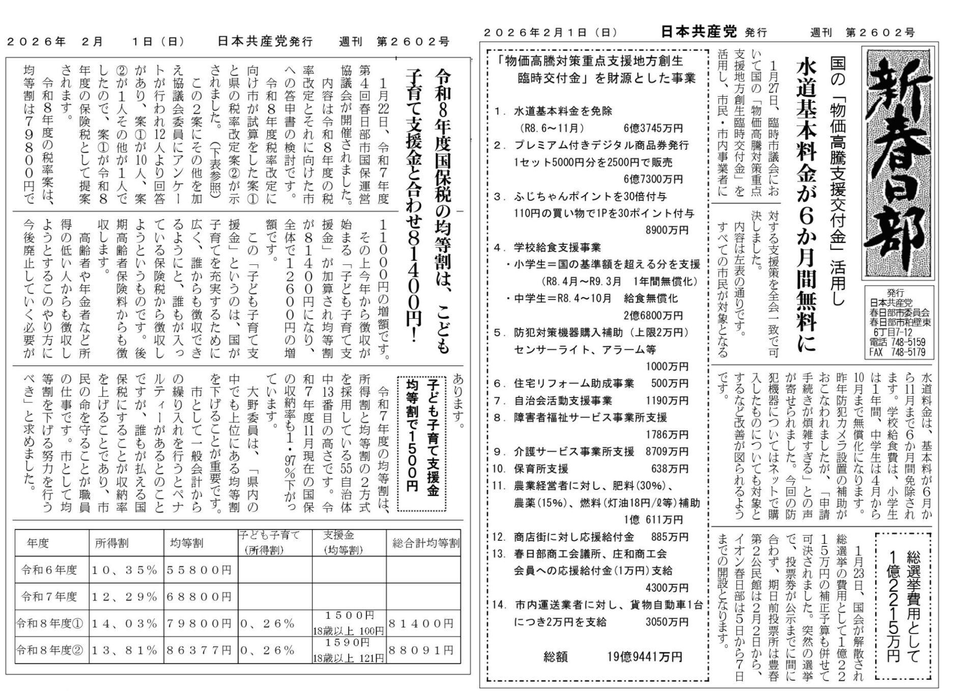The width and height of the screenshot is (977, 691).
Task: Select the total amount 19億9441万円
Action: tap(644, 657)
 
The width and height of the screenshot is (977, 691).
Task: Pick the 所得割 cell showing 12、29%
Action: tap(125, 596)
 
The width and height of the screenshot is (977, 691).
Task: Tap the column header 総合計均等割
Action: tap(425, 543)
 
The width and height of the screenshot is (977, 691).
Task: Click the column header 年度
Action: tap(38, 543)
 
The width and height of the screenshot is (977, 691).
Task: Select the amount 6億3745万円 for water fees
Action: tap(653, 128)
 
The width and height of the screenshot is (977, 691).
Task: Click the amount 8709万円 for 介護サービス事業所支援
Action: tap(667, 452)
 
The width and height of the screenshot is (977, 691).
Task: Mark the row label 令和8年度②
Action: tap(50, 650)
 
